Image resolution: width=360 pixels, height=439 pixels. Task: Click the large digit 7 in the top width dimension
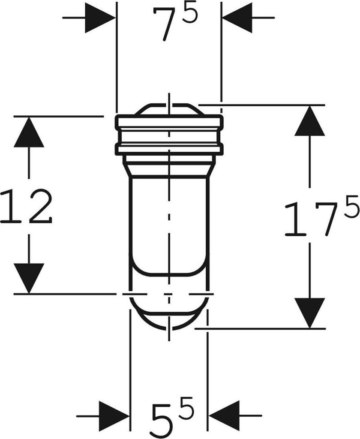coord(165,26)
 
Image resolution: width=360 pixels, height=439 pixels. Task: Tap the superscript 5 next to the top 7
coord(191,14)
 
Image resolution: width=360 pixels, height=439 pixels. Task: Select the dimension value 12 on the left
coord(27,207)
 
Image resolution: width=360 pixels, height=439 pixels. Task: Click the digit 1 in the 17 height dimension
coord(295,219)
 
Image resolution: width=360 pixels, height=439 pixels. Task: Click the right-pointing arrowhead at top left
coord(100,18)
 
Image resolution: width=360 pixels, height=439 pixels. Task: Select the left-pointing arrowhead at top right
coord(237,18)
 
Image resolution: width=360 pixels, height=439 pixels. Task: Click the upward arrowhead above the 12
coord(29,132)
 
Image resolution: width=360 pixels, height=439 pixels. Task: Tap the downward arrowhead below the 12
coord(29,278)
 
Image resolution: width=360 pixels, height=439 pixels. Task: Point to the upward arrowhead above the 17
coord(309,121)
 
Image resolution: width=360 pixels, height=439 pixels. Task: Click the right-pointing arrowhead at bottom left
coord(114,415)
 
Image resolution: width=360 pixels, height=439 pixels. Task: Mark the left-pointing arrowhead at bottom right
coord(223,415)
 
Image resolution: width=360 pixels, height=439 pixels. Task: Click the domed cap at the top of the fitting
coord(169,110)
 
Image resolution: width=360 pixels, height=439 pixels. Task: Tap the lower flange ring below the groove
coord(169,149)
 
